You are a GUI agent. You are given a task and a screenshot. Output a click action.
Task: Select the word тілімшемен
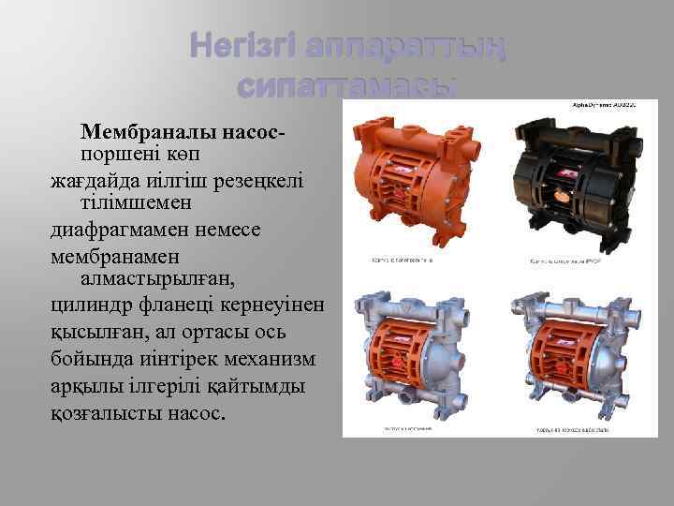coord(141,201)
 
